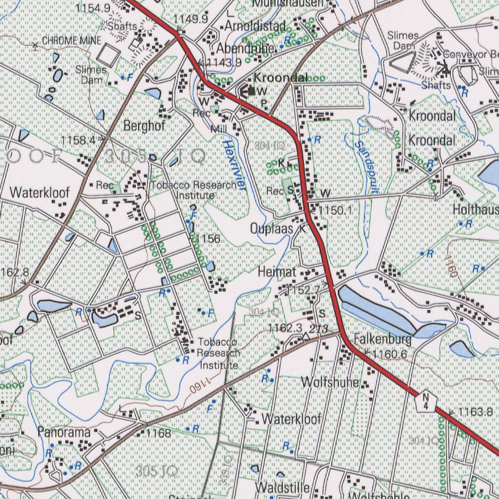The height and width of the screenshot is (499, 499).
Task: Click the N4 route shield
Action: pos(426,401)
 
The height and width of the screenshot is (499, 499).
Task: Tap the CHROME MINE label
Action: pos(71,41)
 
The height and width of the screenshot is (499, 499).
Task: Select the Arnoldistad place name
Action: pos(255,26)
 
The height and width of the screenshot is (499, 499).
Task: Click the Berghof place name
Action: pos(145,126)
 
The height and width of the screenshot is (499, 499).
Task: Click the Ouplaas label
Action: pos(271,229)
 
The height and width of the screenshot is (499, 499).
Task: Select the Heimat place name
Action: pos(277,272)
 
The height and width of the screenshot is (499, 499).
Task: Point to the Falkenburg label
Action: pos(383,339)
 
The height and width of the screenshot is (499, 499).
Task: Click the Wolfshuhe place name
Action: pos(330,382)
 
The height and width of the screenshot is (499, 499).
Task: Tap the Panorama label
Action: pos(64,432)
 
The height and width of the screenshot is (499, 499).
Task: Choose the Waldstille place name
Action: pos(282,487)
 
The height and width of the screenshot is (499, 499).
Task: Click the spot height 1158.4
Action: pos(78,140)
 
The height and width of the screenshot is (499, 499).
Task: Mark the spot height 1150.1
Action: pos(336,210)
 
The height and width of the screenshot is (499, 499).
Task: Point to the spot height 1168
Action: pos(159,433)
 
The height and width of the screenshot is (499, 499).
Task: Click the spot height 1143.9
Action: pos(224,62)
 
